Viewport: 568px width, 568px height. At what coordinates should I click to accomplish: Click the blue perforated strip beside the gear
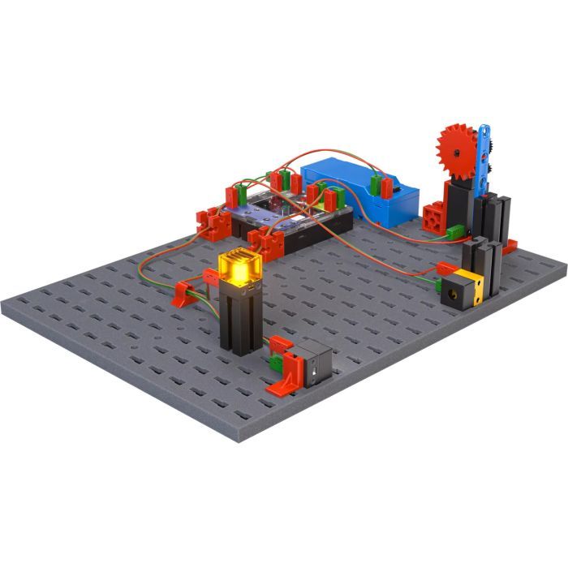point(487,154)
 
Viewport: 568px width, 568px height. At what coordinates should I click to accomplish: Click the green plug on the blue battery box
point(377,183)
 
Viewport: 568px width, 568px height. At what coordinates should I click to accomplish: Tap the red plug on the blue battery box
point(388,187)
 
